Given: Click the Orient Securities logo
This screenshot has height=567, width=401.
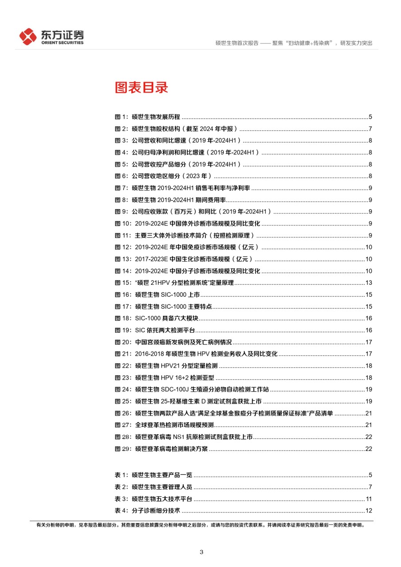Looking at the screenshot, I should (x=51, y=36).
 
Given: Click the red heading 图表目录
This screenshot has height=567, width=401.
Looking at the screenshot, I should (x=141, y=87).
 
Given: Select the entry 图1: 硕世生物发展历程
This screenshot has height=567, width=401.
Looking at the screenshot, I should (x=148, y=117).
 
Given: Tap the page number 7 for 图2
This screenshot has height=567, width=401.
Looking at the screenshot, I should (x=370, y=129).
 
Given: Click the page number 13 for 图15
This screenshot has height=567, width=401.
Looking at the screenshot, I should (x=368, y=283).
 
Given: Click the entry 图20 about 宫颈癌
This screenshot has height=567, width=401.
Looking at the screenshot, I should (x=173, y=342).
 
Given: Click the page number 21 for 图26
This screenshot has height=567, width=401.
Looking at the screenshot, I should (x=368, y=413).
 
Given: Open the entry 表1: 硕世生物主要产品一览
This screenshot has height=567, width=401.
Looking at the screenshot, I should (x=154, y=475).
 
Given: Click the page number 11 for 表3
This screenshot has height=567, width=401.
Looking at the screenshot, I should (x=368, y=499).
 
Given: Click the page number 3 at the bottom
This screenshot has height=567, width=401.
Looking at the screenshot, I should (x=202, y=552).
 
